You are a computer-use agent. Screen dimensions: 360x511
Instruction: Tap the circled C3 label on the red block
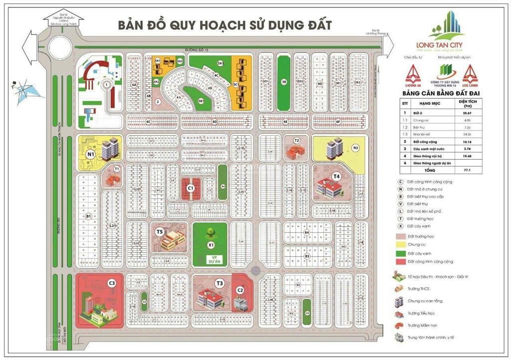pyautogui.click(x=112, y=284)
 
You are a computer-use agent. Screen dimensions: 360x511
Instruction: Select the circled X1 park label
pyautogui.click(x=211, y=245)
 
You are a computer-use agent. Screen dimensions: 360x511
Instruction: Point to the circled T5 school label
pyautogui.click(x=160, y=232)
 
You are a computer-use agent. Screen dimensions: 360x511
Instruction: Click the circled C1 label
pyautogui.click(x=190, y=188)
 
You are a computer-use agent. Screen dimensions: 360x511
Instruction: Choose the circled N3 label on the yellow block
pyautogui.click(x=355, y=148)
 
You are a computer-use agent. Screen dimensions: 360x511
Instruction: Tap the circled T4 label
pyautogui.click(x=337, y=176)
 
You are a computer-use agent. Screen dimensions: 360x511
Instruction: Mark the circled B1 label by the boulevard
pyautogui.click(x=89, y=216)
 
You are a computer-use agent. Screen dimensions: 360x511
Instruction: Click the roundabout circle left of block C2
pyautogui.click(x=256, y=271)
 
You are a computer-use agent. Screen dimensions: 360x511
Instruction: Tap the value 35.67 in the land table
pyautogui.click(x=476, y=113)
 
